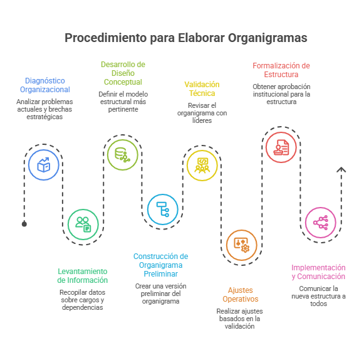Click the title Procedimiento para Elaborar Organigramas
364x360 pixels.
click(x=185, y=38)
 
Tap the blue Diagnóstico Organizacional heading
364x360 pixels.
click(x=45, y=85)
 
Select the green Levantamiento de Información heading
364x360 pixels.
click(x=83, y=275)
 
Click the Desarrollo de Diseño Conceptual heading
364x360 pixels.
click(x=123, y=73)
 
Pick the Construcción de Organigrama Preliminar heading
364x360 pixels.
click(x=160, y=265)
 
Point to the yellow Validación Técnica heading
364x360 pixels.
click(x=202, y=89)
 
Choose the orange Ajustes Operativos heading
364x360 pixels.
click(x=241, y=295)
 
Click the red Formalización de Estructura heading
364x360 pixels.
click(x=281, y=70)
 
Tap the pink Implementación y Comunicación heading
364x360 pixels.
click(x=318, y=272)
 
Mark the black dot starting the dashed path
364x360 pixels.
click(x=24, y=224)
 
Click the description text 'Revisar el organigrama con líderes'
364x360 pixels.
click(x=202, y=113)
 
